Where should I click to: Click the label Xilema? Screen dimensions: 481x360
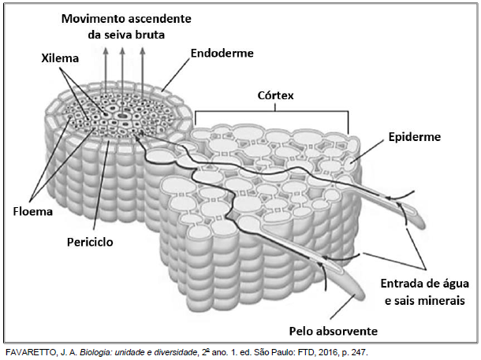click(x=60, y=58)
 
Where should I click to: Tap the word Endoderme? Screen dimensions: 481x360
click(x=222, y=54)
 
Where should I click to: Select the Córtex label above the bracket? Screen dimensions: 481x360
click(x=275, y=95)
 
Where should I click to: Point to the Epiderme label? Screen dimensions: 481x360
click(x=415, y=137)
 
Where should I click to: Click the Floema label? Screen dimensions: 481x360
click(x=33, y=211)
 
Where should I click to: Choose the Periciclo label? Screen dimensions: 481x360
click(x=90, y=242)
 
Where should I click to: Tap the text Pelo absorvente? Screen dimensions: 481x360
click(x=334, y=331)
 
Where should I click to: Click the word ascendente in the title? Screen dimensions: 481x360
click(x=159, y=19)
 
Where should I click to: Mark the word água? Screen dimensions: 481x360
click(x=456, y=284)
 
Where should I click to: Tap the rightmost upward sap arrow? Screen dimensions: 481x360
click(x=143, y=72)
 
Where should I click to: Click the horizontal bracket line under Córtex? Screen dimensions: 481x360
click(x=272, y=111)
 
